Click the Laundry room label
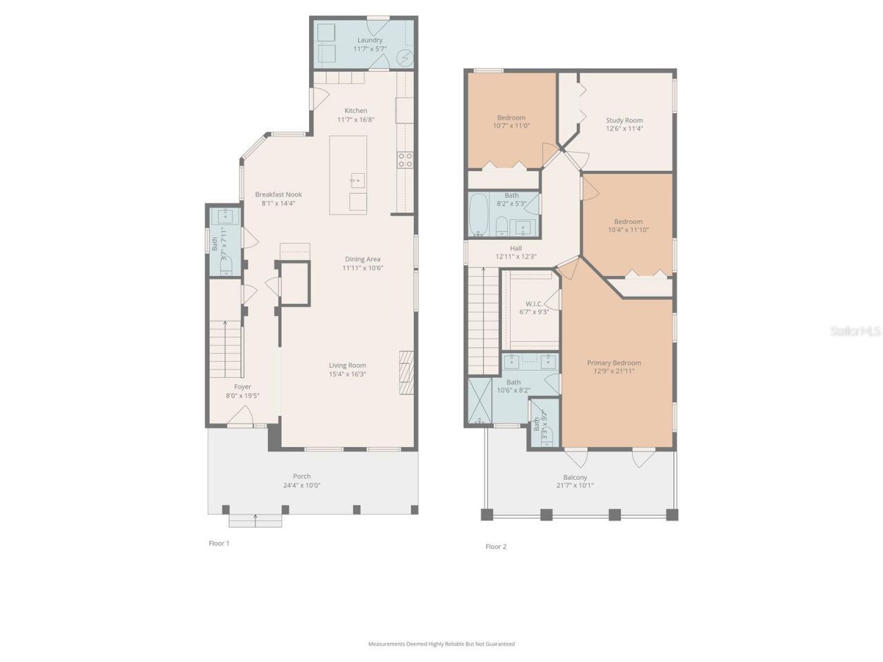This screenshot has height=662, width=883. [370, 40]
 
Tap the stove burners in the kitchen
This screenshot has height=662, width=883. [404, 160]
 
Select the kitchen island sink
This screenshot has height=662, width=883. [356, 181]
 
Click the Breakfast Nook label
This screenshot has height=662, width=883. [278, 194]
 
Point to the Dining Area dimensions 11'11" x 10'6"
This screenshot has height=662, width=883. [362, 268]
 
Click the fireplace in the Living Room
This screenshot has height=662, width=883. [407, 372]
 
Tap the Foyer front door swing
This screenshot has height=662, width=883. [239, 417]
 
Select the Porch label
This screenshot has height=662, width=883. [301, 476]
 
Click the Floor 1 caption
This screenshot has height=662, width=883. [219, 543]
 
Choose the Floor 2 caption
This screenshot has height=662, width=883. [495, 547]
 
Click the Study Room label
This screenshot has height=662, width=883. [624, 120]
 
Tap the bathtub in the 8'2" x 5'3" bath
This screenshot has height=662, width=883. [478, 215]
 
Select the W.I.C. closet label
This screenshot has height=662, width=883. [534, 303]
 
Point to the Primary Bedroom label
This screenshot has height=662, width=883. [613, 363]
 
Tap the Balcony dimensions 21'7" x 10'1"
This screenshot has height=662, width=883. [575, 485]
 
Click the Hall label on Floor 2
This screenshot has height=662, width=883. [515, 248]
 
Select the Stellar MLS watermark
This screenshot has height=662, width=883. [855, 332]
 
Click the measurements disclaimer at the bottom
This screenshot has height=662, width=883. [441, 644]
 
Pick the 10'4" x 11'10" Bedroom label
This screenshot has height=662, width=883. [628, 221]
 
